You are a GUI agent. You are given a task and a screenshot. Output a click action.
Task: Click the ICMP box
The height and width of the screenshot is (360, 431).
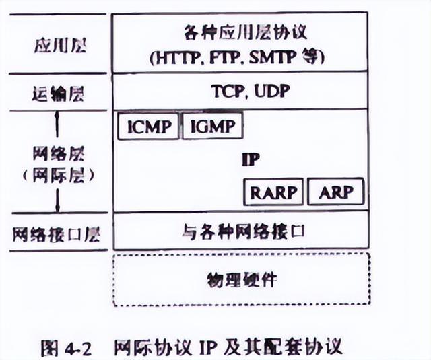click(x=148, y=126)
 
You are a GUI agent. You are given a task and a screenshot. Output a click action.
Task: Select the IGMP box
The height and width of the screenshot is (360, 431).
click(x=212, y=126)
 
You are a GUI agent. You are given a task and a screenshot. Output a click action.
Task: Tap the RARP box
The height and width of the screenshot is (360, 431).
click(x=273, y=192)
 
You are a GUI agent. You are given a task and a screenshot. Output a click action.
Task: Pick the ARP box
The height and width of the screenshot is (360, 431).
click(x=335, y=192)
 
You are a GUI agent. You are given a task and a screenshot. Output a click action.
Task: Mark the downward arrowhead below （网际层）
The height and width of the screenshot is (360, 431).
click(x=58, y=209)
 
